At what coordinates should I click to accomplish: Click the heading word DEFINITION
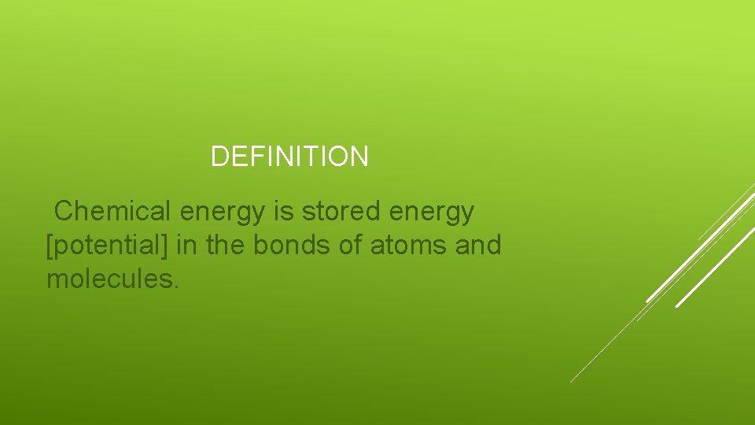coord(289,157)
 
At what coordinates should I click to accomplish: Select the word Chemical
coord(113,211)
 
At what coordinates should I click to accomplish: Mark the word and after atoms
coord(478,246)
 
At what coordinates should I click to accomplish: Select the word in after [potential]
coord(187,246)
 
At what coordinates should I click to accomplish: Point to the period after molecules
coord(176,286)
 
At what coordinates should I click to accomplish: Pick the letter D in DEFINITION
coord(219,157)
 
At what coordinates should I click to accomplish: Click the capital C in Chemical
coord(63,211)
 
